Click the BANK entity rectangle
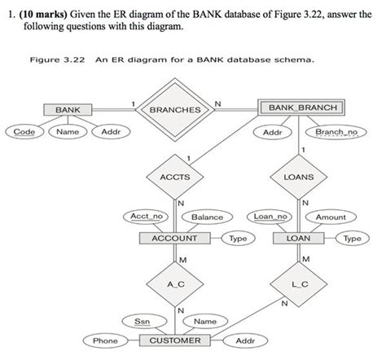click(62, 109)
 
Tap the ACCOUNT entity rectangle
click(174, 239)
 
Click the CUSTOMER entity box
click(175, 340)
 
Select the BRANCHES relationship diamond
click(175, 109)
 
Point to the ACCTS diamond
click(174, 176)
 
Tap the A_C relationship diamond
click(174, 283)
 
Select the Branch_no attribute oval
click(336, 131)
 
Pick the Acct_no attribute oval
click(147, 217)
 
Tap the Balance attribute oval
click(207, 217)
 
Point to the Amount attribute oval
click(331, 217)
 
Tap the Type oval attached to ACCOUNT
click(238, 239)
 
